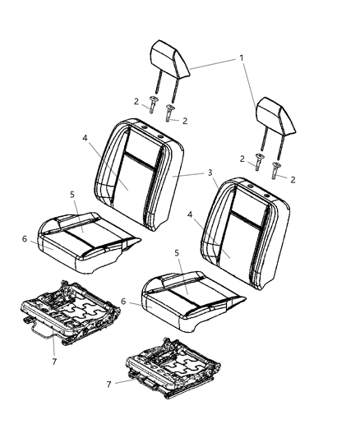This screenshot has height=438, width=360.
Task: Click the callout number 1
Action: tap(242, 58)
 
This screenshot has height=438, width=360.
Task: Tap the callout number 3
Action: tap(210, 173)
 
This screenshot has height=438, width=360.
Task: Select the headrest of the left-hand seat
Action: tap(170, 70)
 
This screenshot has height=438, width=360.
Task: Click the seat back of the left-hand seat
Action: tap(139, 173)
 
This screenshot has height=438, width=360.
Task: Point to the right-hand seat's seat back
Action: tap(245, 233)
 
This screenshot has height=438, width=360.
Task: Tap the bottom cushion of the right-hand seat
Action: tap(193, 301)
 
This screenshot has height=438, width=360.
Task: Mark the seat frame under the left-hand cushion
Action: tap(71, 313)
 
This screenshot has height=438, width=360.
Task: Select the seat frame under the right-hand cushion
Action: tap(173, 368)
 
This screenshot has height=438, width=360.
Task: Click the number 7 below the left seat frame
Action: tap(54, 362)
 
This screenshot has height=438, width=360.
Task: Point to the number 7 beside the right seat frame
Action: tap(109, 385)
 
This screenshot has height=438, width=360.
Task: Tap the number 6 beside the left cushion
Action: tap(25, 239)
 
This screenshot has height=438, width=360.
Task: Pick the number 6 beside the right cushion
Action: tap(123, 302)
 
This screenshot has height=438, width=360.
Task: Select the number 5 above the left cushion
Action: tap(72, 195)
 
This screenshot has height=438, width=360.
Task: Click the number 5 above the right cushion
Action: tap(177, 253)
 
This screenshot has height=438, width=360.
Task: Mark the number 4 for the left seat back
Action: tap(85, 138)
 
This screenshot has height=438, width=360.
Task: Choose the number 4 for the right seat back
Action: tap(190, 214)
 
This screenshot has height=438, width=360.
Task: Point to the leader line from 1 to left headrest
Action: tap(214, 64)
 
